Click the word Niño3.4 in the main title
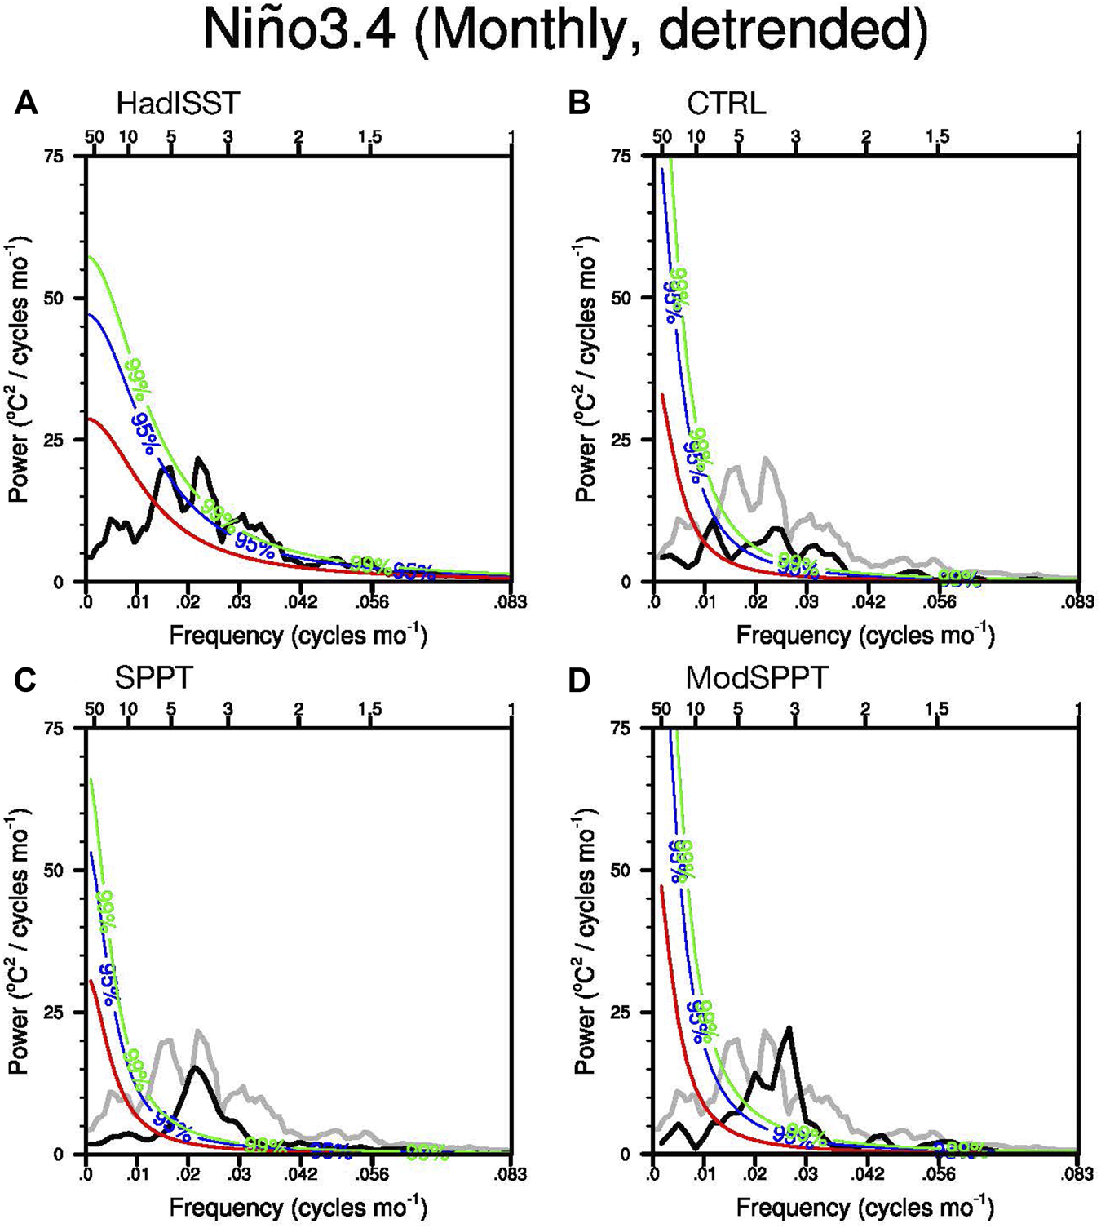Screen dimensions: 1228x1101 (x=301, y=33)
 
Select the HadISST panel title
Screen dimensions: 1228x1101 (x=178, y=104)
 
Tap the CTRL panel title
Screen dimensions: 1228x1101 (x=726, y=104)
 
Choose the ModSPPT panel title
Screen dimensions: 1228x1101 (x=756, y=678)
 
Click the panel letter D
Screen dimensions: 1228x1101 (x=578, y=678)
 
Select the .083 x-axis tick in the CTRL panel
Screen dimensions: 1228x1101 (x=1077, y=603)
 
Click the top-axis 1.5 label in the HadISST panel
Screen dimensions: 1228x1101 (x=369, y=137)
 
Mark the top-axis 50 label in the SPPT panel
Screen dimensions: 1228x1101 (x=95, y=709)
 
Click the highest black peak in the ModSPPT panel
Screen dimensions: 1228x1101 (x=789, y=1028)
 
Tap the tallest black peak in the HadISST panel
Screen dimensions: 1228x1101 (x=198, y=459)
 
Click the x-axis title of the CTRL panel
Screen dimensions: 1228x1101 (x=865, y=635)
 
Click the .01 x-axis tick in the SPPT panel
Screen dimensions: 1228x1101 (x=136, y=1175)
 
